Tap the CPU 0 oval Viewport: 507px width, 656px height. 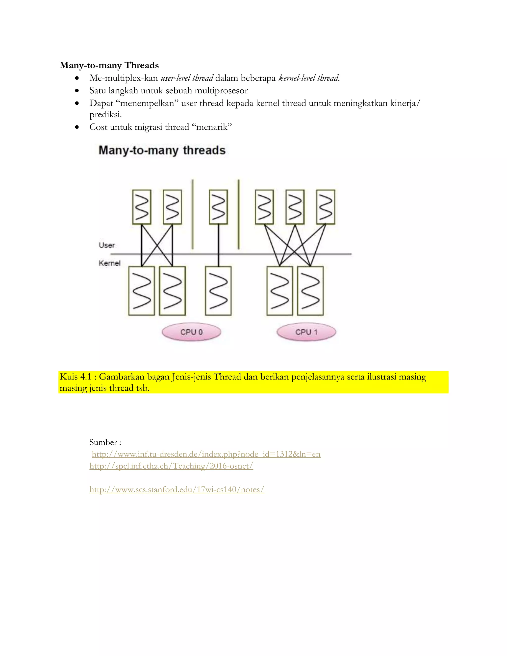click(191, 332)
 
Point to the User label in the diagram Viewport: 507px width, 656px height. click(107, 245)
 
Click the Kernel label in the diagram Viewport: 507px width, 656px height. click(109, 263)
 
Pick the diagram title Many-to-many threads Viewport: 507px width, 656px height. click(162, 150)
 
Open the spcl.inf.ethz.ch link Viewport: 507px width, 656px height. click(171, 466)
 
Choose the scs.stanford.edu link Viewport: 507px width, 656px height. click(177, 490)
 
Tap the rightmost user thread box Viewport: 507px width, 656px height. click(326, 207)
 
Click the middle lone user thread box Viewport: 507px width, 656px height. click(218, 207)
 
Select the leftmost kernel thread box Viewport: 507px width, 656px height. click(141, 291)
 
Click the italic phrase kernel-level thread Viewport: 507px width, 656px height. click(309, 78)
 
